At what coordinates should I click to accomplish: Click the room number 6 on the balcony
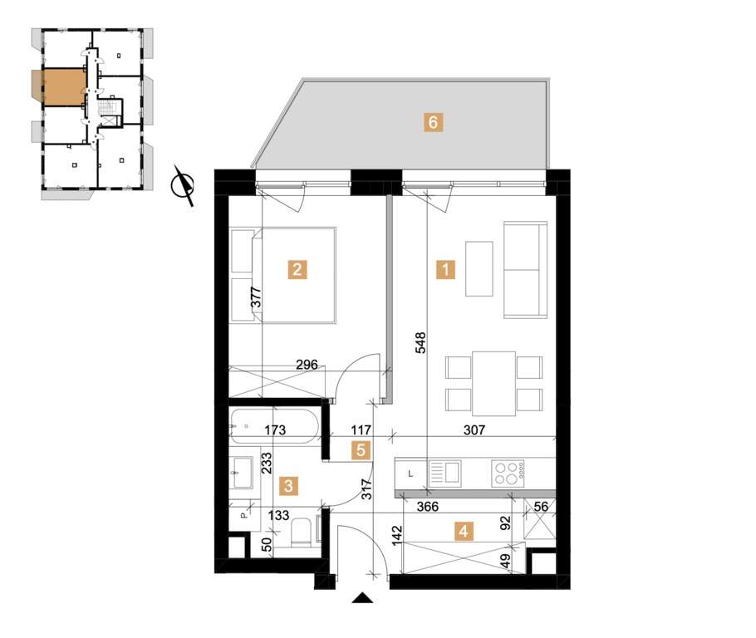pos(431,122)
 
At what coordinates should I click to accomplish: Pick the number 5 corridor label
pos(359,450)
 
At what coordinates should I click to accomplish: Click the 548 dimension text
pos(421,344)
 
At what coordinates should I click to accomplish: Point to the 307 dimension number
pos(474,431)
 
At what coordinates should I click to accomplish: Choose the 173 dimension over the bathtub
pos(277,431)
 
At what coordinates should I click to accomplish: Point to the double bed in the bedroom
pos(291,274)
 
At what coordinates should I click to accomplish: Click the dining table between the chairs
pos(493,383)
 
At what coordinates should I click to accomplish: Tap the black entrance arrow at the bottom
pos(362,596)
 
